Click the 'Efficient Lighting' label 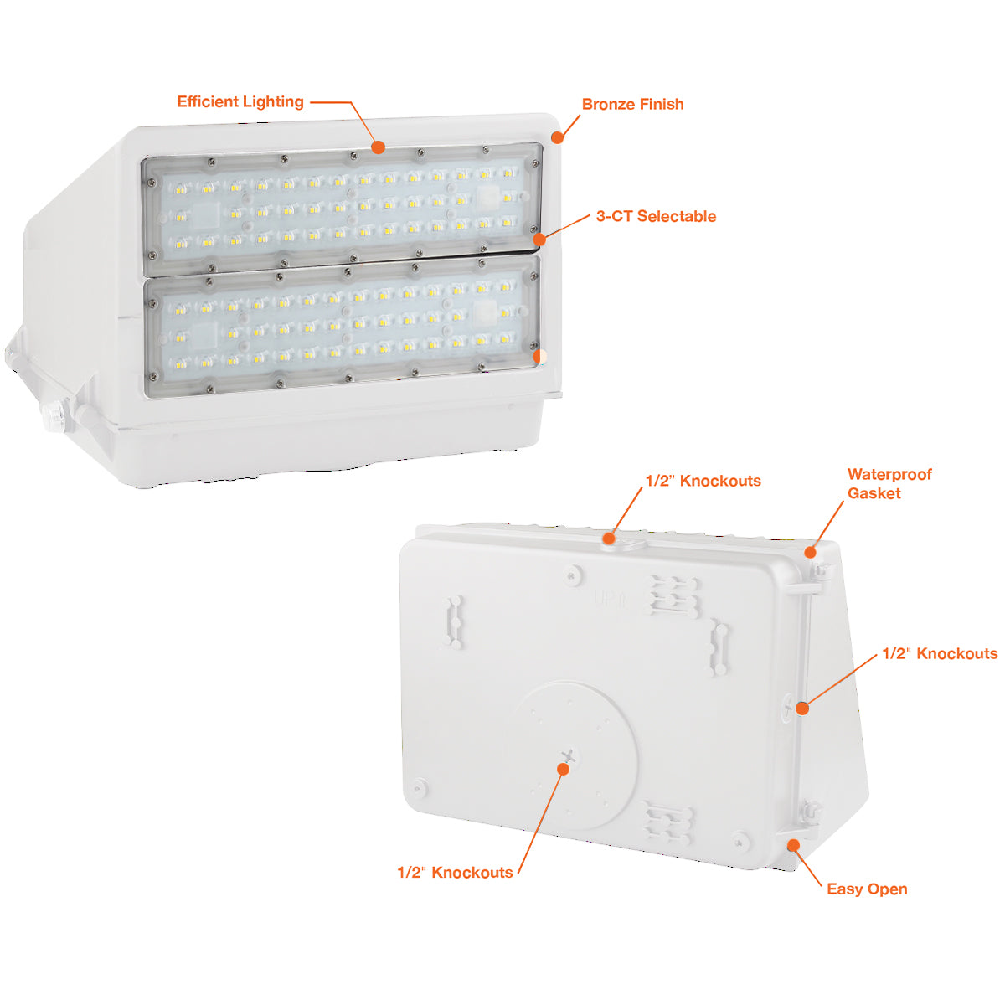coord(240,101)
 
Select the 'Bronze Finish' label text coord(632,105)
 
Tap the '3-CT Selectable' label coord(656,216)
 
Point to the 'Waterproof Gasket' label coord(889,483)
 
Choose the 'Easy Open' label coord(867,889)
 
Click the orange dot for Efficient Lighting coord(378,147)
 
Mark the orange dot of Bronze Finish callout coord(558,137)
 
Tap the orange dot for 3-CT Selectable coord(540,240)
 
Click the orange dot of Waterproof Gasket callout coord(810,552)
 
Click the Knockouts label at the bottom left coord(455,873)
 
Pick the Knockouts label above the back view coord(703,481)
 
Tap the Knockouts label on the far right coord(940,653)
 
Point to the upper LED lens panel coord(343,209)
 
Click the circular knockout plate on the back coord(575,757)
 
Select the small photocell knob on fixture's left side coord(52,415)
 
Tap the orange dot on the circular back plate coord(563,769)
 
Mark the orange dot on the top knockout coord(609,538)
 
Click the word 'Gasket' coord(874,492)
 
